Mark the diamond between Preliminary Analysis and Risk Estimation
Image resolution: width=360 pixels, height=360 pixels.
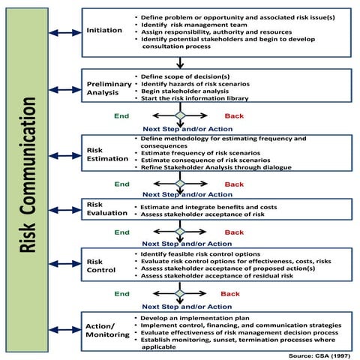coord(180,116)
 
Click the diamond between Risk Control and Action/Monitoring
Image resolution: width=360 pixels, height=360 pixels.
coord(180,294)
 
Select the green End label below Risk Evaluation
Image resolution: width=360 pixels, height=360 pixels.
coord(121,232)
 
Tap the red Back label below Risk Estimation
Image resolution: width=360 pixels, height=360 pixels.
coord(234,184)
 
